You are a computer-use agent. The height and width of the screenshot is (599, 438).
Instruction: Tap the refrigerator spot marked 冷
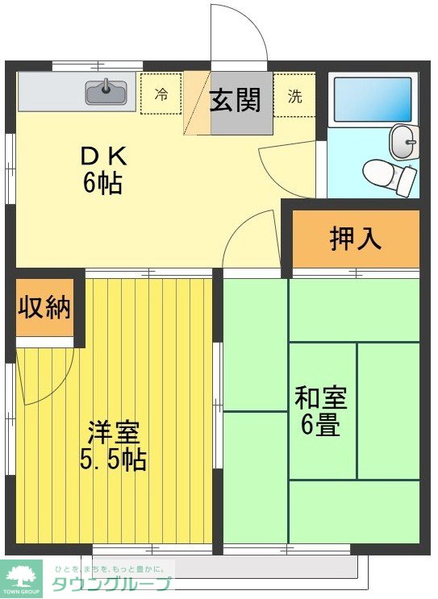[161, 94]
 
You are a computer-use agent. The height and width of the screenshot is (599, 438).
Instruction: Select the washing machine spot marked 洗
[295, 95]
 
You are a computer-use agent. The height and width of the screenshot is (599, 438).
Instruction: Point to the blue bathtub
[373, 99]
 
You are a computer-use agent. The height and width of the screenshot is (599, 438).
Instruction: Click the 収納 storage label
[44, 307]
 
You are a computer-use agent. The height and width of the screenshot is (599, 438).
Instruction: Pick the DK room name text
[102, 156]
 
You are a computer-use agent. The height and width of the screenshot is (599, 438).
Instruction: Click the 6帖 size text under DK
[102, 184]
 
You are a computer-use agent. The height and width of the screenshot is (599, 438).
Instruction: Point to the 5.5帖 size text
[114, 460]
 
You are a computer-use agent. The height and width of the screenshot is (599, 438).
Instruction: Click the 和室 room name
[320, 397]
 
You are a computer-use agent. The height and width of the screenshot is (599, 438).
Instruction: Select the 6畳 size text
[320, 424]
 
